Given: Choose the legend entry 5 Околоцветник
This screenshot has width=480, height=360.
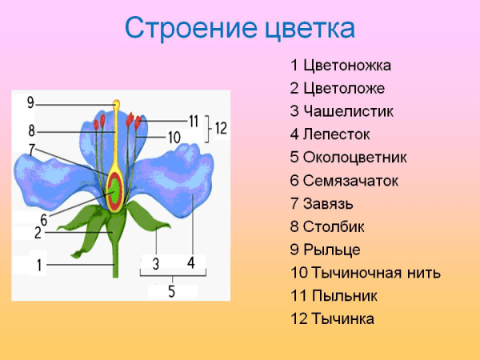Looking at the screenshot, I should (350, 158).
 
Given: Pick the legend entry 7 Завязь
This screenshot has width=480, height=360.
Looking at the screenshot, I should (322, 203).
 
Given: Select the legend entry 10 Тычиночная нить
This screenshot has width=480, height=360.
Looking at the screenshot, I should (366, 273).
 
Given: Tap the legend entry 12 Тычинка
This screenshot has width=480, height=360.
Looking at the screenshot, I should (333, 319).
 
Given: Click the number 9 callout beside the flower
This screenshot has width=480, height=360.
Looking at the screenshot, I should (30, 102).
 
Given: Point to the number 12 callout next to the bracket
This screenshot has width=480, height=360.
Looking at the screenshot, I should (221, 127).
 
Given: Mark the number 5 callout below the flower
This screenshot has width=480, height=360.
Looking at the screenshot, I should (171, 291).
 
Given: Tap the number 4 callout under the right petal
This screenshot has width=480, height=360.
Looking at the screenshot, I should (191, 262).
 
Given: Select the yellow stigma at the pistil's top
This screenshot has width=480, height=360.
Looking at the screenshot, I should (117, 104).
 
